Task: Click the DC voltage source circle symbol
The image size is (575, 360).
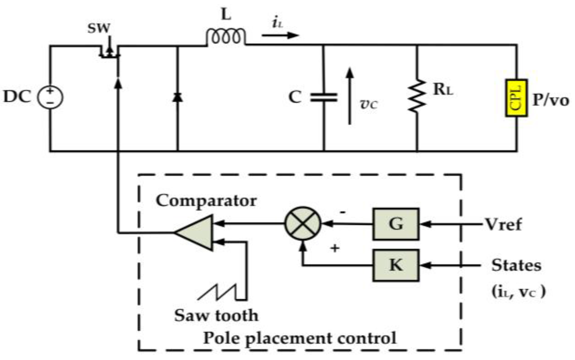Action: point(50,97)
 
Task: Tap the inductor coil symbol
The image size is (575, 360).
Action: point(226,37)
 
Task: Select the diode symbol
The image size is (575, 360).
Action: point(177,97)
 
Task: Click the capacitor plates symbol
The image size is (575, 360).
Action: point(323,97)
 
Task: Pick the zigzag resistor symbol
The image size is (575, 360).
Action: point(417,96)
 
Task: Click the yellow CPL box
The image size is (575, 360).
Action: point(516,98)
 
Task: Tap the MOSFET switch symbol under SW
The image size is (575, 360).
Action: point(109,52)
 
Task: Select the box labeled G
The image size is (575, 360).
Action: point(396,224)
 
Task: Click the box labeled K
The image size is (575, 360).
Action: point(396,265)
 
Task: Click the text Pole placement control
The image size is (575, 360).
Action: point(299,338)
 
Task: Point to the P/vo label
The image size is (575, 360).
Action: point(551,100)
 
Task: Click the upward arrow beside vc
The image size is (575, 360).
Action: point(350,96)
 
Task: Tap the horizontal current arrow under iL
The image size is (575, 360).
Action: point(280,35)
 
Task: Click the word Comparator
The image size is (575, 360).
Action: point(206,201)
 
